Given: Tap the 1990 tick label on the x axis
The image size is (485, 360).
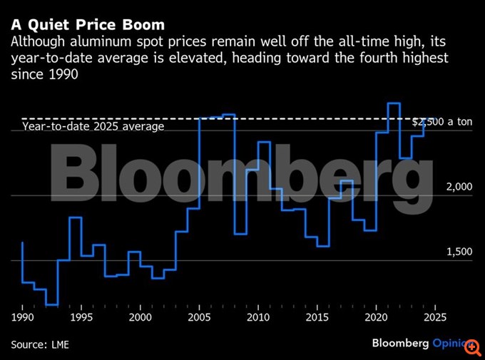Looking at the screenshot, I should point(23,317).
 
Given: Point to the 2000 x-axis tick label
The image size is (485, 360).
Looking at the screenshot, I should point(141,317).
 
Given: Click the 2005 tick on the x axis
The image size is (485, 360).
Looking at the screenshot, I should point(199,317).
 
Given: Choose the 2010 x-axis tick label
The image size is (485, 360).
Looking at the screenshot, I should point(258,317).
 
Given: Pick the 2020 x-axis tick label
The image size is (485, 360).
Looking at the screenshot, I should point(376,317).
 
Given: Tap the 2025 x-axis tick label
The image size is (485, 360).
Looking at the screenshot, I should point(434,317).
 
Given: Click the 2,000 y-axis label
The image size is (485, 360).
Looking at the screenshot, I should point(459,187).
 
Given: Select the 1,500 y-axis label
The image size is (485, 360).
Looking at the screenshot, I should point(459,252).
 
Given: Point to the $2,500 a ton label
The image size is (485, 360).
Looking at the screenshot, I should point(442,122).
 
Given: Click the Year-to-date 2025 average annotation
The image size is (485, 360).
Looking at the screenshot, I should point(93,126).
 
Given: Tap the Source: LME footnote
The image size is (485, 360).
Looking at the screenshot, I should point(40,344).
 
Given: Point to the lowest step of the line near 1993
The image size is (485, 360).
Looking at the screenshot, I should point(51,304).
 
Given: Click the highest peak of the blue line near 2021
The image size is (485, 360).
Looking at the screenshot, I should point(393,103).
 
